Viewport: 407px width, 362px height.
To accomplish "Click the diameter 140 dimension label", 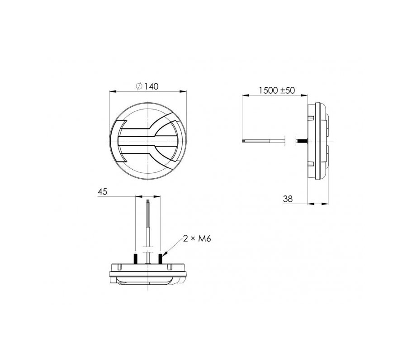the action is (x=147, y=86).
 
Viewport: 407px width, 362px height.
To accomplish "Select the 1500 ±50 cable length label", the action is (x=277, y=90).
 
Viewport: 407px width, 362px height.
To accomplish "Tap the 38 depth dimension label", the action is (x=288, y=199).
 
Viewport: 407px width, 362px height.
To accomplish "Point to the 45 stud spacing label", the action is (x=102, y=192).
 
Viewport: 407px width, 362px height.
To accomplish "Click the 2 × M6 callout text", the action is (x=197, y=238).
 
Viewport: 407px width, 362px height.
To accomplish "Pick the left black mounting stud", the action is (x=135, y=258).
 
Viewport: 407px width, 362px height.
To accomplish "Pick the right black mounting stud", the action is (x=160, y=258).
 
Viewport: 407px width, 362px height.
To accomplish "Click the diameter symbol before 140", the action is (x=139, y=86).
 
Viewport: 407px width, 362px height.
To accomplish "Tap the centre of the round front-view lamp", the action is (x=148, y=141).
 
